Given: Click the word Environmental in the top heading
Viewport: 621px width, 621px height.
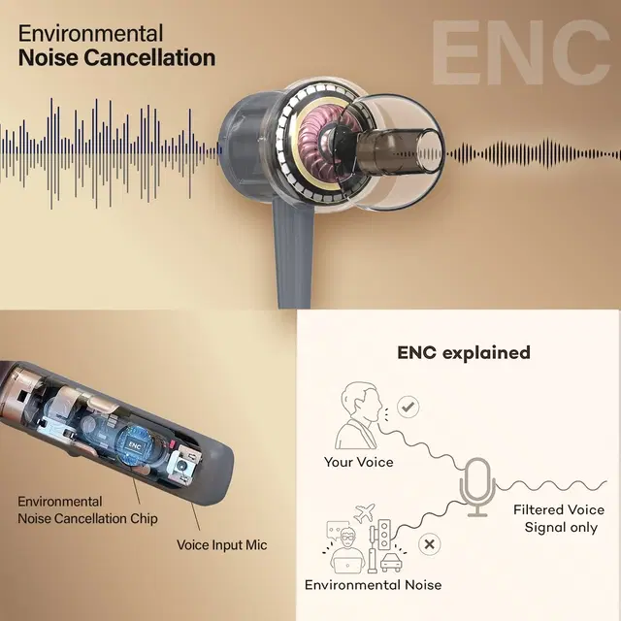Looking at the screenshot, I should tap(91, 30).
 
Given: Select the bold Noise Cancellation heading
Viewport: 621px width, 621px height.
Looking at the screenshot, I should tap(117, 57).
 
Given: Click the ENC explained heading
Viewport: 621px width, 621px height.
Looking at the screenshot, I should tap(464, 352).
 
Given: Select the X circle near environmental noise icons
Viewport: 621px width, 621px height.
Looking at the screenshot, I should tap(428, 544).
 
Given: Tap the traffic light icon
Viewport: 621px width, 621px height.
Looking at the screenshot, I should tap(387, 536).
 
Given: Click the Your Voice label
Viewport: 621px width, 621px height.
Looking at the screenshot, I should tap(358, 462).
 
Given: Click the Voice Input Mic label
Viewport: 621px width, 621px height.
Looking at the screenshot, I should tap(222, 545).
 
